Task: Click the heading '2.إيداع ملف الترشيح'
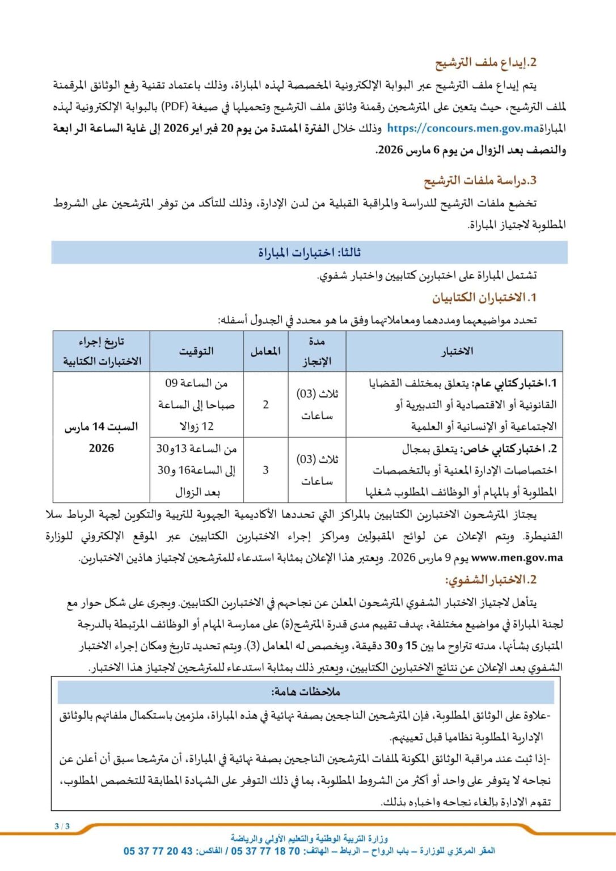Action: click(x=486, y=62)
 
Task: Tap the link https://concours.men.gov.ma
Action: click(x=463, y=129)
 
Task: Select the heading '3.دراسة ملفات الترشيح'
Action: click(x=480, y=181)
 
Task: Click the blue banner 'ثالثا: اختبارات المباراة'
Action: click(x=309, y=252)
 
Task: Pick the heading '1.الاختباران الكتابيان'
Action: click(x=484, y=297)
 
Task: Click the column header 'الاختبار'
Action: click(x=457, y=351)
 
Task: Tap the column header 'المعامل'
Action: click(x=265, y=351)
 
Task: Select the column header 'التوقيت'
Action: click(x=196, y=351)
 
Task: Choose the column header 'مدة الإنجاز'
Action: click(x=317, y=351)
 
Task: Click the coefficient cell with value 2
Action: click(x=265, y=404)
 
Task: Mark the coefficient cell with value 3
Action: click(x=265, y=470)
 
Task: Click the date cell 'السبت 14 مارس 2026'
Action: click(x=101, y=437)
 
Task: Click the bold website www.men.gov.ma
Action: click(x=517, y=558)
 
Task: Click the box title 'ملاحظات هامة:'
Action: click(x=306, y=692)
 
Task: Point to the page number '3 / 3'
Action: click(x=62, y=826)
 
